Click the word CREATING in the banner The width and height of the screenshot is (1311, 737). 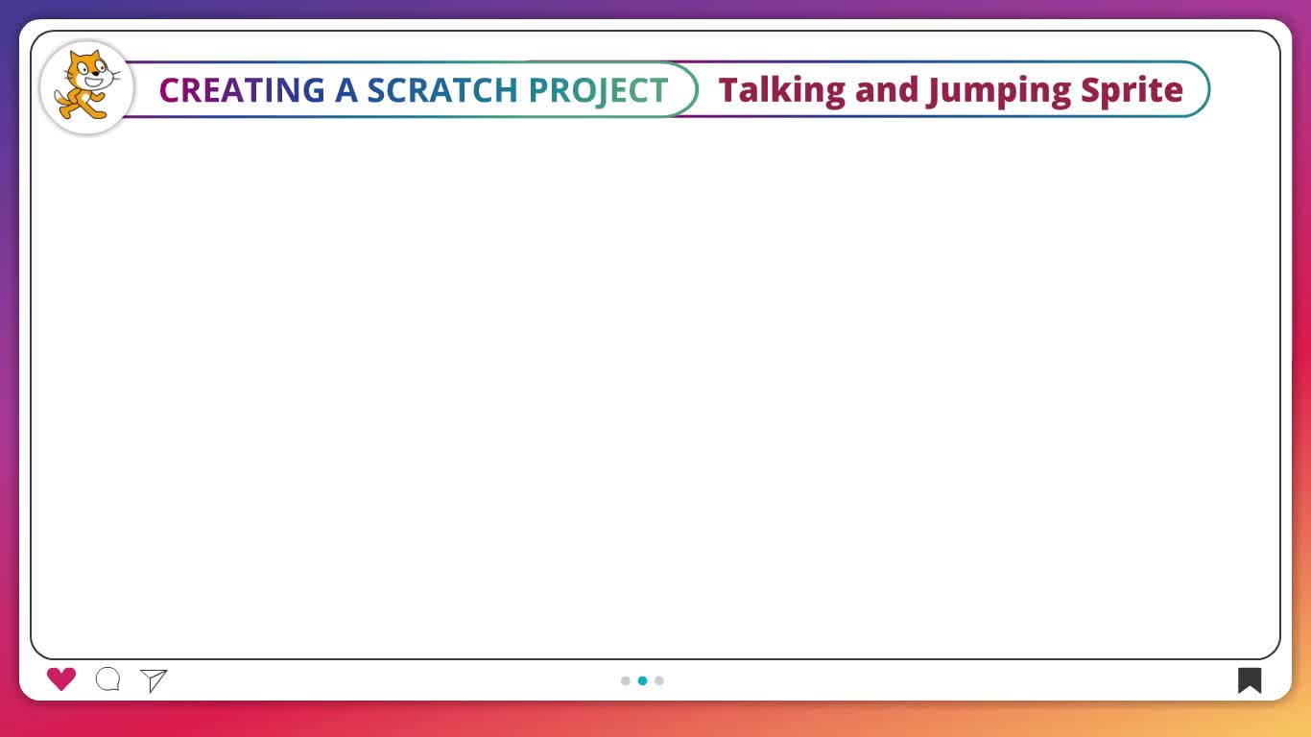[242, 90]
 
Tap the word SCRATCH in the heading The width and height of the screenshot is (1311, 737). [442, 90]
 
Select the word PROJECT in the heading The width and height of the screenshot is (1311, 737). [598, 91]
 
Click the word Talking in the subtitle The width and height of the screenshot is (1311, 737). [782, 91]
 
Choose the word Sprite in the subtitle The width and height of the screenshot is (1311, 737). [1132, 91]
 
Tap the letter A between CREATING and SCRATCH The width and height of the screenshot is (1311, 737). [346, 90]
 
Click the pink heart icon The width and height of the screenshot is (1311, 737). [61, 679]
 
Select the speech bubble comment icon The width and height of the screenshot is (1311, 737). [107, 679]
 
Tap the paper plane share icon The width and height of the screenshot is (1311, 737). [154, 680]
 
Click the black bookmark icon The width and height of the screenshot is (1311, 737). [1250, 680]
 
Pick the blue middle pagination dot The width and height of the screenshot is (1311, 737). [643, 680]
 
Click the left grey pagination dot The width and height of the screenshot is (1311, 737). [626, 680]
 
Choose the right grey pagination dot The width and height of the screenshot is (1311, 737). [659, 680]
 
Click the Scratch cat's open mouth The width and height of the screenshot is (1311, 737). [94, 82]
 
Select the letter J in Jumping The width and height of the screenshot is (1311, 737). [934, 92]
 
